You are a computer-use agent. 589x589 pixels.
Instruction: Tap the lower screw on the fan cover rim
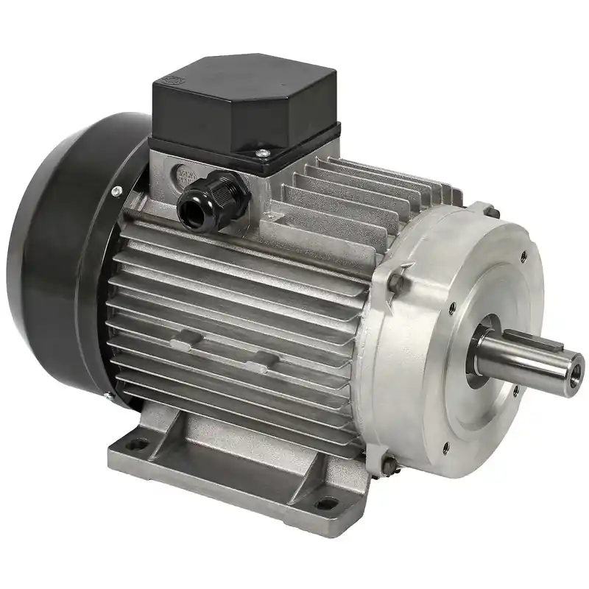[108, 398]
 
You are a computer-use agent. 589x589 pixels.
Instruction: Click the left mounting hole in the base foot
[138, 444]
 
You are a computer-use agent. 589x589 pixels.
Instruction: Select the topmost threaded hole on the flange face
[523, 257]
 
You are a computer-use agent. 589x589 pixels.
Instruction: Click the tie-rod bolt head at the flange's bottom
[388, 462]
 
